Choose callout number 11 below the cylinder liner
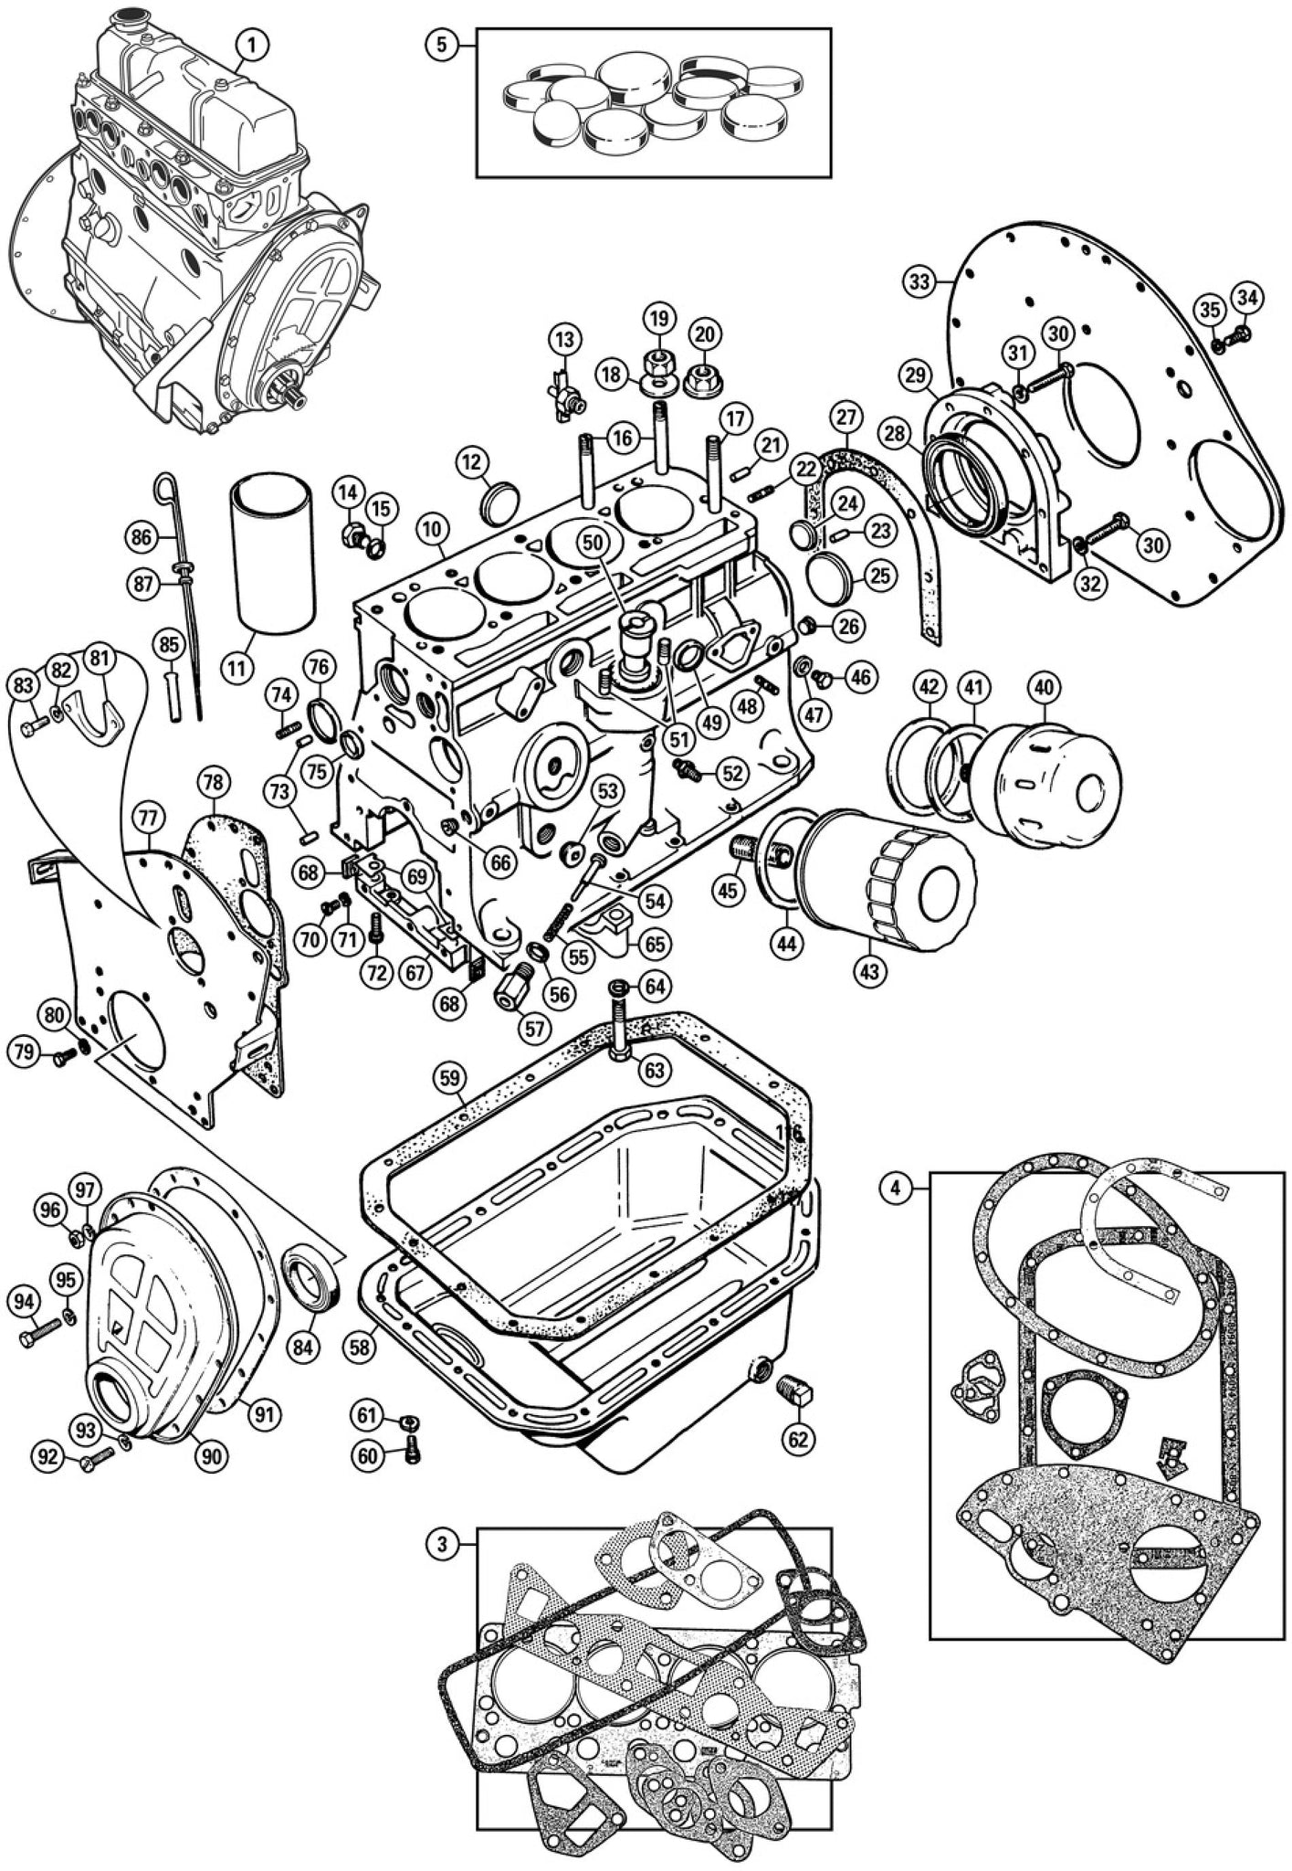236,668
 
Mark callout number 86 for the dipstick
142,538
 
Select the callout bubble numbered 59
448,1078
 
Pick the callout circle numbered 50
593,542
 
